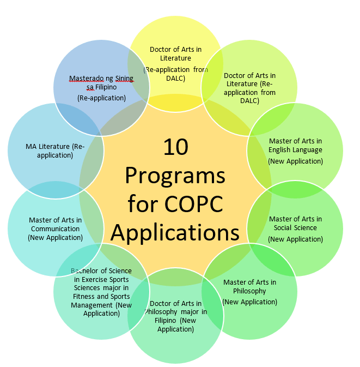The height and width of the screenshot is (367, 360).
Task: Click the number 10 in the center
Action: pos(176,147)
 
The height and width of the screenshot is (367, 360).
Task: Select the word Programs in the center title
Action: pos(175,177)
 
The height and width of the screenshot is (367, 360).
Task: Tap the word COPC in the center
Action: pos(193,204)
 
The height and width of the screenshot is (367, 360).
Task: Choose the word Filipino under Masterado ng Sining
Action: pos(106,87)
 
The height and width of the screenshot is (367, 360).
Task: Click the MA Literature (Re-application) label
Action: pos(55,151)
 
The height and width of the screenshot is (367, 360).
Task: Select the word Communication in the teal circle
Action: pos(55,228)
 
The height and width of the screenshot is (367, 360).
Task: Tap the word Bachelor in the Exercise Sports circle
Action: pos(85,271)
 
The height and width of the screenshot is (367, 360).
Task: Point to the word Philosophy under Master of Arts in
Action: pos(249,291)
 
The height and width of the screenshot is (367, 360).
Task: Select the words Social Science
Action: pos(295,228)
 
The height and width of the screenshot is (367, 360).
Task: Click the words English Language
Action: pos(295,150)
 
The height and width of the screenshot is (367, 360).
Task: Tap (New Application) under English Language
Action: pos(295,161)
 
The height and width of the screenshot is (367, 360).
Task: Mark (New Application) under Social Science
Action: pos(295,239)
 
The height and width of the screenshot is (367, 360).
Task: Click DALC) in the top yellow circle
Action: pos(175,78)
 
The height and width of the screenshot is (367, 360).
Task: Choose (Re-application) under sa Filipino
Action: pos(101,98)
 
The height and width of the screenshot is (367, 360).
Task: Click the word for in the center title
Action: pos(142,204)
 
